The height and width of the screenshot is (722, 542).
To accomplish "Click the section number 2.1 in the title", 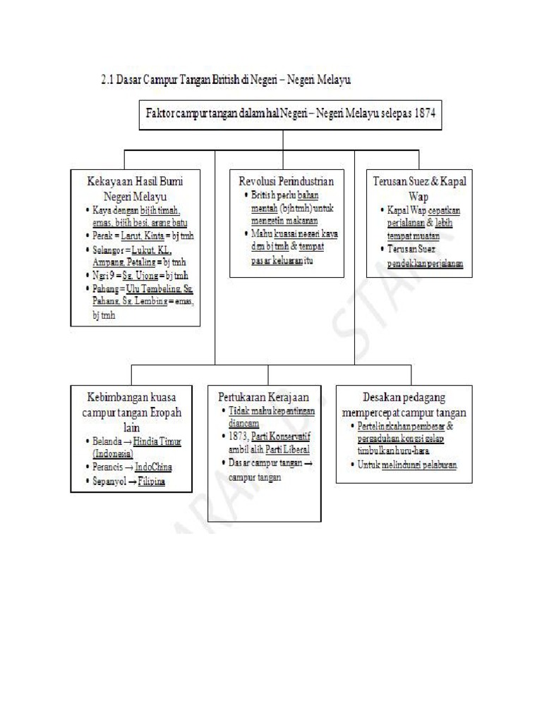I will [109, 81].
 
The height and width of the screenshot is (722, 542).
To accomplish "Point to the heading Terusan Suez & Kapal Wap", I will [419, 188].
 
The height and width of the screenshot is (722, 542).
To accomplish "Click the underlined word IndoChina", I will [155, 467].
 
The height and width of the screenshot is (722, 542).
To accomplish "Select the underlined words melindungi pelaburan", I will [418, 465].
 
